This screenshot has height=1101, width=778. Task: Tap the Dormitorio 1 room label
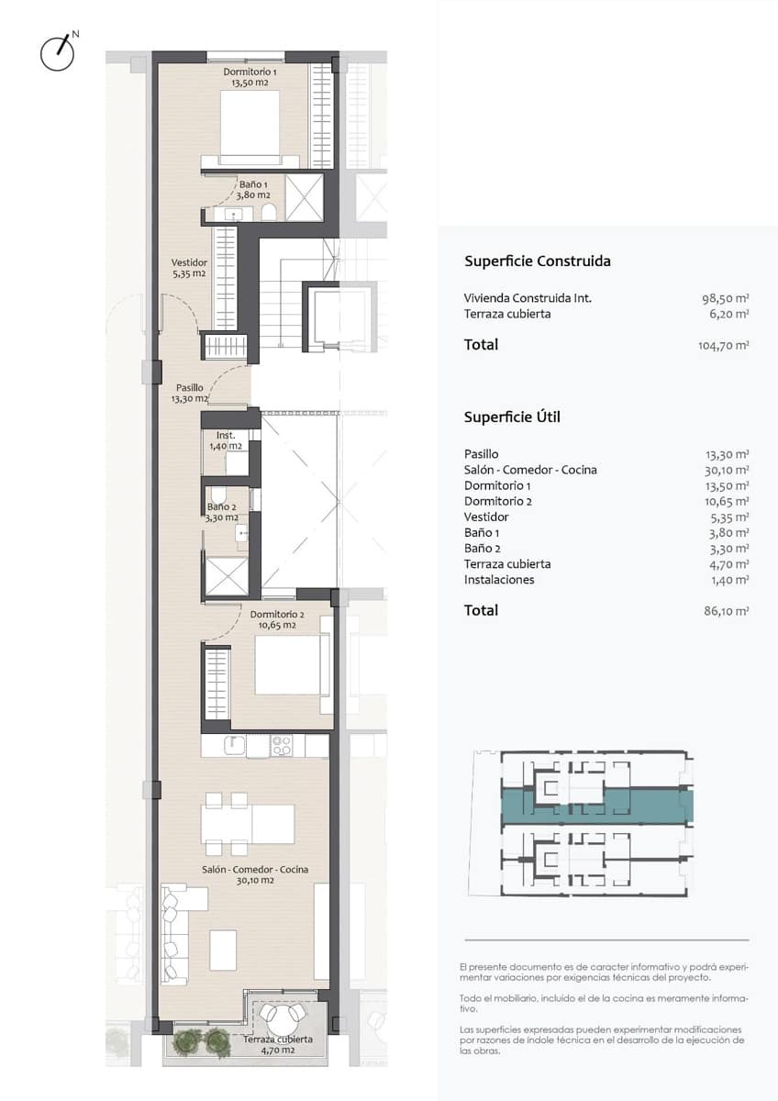pyautogui.click(x=250, y=77)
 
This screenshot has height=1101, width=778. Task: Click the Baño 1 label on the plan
pyautogui.click(x=253, y=190)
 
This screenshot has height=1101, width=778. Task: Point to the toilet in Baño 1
pyautogui.click(x=268, y=213)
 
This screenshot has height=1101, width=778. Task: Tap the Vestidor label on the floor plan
pyautogui.click(x=189, y=268)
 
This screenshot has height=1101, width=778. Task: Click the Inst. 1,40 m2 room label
pyautogui.click(x=226, y=441)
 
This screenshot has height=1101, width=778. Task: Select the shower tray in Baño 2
pyautogui.click(x=227, y=576)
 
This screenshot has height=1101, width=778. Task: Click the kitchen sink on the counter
pyautogui.click(x=235, y=745)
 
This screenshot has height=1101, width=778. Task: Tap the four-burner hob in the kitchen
pyautogui.click(x=282, y=745)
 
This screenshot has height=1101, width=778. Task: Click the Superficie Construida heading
pyautogui.click(x=538, y=261)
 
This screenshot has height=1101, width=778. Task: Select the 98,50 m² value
pyautogui.click(x=725, y=298)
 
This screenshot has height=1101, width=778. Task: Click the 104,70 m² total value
pyautogui.click(x=723, y=346)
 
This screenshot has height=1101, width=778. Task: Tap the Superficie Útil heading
pyautogui.click(x=512, y=417)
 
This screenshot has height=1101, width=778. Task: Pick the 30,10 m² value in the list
pyautogui.click(x=727, y=471)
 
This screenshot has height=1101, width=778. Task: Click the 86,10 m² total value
pyautogui.click(x=726, y=611)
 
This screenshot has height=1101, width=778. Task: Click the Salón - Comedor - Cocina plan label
pyautogui.click(x=255, y=874)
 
